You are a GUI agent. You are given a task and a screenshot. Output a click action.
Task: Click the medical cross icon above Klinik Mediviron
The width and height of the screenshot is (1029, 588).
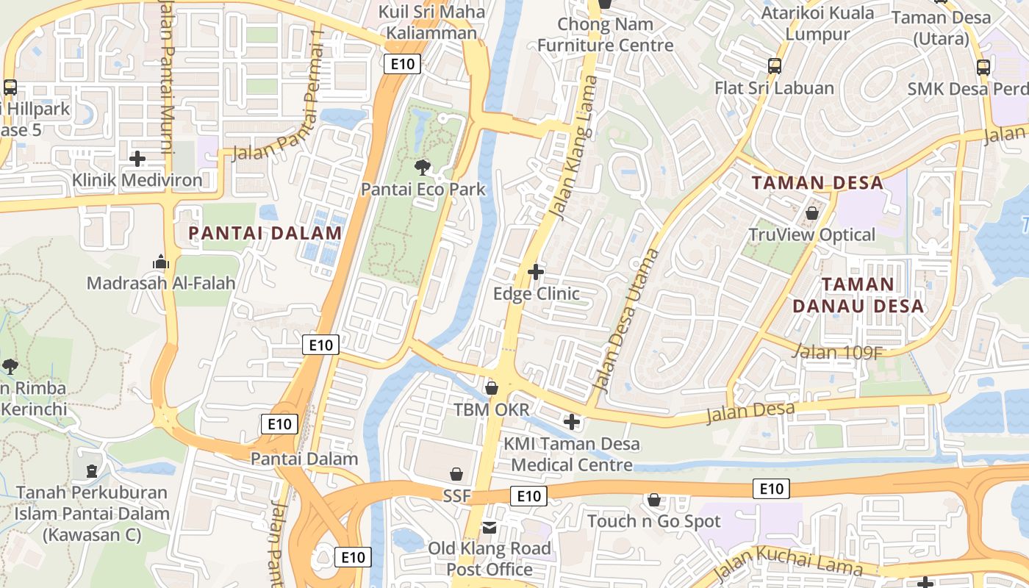point(137,158)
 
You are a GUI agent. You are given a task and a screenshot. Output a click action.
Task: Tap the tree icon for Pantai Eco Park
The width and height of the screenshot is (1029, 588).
point(423,167)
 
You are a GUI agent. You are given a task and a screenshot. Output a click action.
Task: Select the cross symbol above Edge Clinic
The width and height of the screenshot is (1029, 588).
point(536,272)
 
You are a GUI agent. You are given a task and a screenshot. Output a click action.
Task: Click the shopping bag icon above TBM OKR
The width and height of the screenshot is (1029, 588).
point(492,387)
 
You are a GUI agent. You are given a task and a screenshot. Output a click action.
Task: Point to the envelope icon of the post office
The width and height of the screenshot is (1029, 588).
point(490,527)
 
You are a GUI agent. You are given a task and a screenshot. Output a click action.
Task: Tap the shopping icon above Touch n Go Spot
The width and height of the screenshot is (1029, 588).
point(653,500)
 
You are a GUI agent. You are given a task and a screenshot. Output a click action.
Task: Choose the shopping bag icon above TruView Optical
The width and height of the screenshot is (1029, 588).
point(812,213)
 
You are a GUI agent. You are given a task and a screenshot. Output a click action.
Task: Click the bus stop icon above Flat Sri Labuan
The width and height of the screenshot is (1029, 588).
point(774,66)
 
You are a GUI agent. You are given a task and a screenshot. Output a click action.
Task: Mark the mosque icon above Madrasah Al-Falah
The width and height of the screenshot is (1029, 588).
point(161,261)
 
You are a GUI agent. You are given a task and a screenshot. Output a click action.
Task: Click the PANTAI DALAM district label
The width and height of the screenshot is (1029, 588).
point(265,233)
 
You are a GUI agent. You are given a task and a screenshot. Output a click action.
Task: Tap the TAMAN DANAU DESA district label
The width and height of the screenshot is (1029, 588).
point(858,295)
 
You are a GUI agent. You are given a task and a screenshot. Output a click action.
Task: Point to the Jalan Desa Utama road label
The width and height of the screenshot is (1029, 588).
point(625,320)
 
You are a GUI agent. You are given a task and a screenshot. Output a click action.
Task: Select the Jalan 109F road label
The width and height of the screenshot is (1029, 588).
point(837,352)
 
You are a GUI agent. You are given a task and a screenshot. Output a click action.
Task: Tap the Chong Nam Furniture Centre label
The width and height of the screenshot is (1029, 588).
point(605,35)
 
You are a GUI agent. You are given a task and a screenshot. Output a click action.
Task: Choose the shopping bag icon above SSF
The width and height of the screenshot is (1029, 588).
point(456,474)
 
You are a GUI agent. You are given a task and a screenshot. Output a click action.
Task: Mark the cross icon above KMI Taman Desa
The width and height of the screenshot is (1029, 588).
point(571,422)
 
